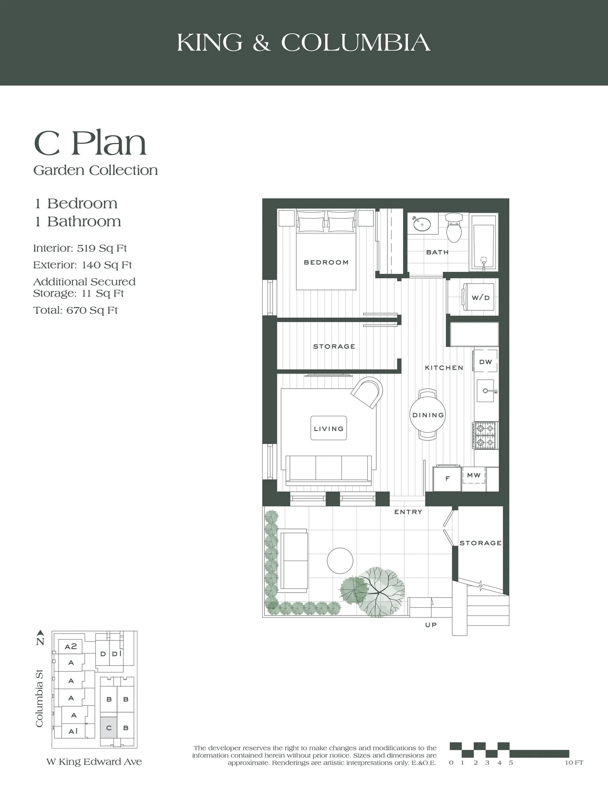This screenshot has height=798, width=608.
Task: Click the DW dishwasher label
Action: (x=485, y=362)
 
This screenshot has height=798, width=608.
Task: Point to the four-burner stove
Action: (x=485, y=435)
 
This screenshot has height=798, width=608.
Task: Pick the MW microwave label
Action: (x=474, y=475)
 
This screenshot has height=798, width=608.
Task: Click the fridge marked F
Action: (x=447, y=478)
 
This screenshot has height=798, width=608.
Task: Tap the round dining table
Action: (x=428, y=415)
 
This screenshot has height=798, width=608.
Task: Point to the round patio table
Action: (x=340, y=560)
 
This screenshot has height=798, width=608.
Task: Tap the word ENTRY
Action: (x=408, y=512)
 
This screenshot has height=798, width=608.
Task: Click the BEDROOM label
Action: (x=326, y=262)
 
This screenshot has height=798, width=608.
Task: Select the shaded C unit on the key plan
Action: (x=108, y=727)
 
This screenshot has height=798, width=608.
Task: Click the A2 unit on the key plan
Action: (x=71, y=646)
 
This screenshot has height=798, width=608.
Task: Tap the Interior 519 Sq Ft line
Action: (x=80, y=248)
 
